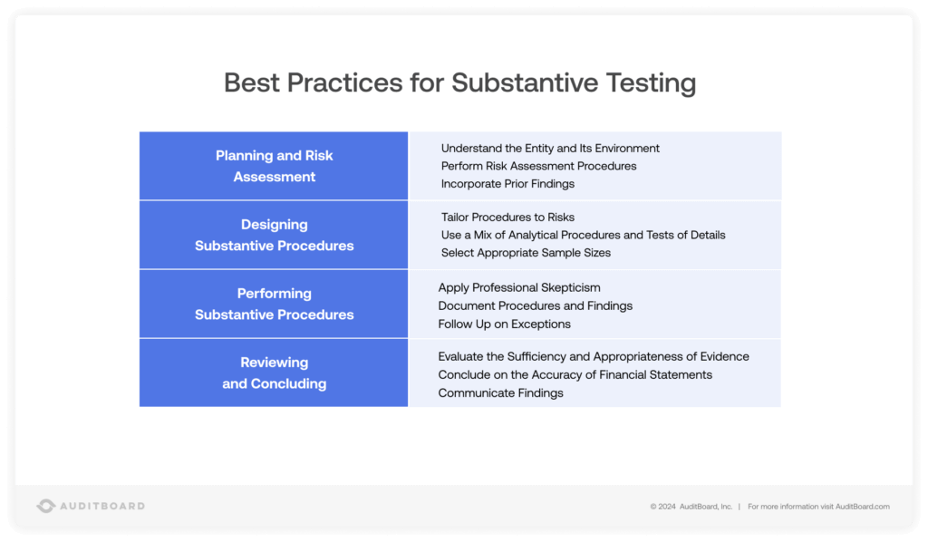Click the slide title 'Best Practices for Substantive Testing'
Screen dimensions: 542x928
tap(459, 82)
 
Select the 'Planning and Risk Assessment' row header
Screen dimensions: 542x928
tap(274, 166)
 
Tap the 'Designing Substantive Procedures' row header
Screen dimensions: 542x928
tap(274, 235)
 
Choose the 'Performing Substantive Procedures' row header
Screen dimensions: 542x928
tap(274, 304)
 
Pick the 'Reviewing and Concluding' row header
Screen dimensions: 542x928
tap(274, 373)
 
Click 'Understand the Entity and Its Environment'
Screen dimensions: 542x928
tap(550, 148)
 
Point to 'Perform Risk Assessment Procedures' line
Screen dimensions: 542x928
tap(538, 166)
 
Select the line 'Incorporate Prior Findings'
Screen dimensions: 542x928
tap(507, 184)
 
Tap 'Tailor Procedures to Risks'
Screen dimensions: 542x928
tap(507, 218)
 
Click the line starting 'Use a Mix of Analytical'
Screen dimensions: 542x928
tap(583, 235)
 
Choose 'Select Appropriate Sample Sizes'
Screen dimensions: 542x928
tap(526, 253)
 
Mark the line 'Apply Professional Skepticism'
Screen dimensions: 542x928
tap(519, 287)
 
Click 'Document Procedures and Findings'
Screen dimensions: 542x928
tap(535, 305)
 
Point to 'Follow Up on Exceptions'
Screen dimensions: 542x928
tap(504, 324)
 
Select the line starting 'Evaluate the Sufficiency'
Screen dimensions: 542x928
tap(594, 356)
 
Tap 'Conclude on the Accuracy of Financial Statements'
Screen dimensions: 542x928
tap(575, 374)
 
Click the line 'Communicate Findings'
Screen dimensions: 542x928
tap(500, 392)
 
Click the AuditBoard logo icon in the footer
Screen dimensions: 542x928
tap(46, 506)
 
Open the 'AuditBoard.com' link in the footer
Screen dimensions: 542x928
tap(862, 507)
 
